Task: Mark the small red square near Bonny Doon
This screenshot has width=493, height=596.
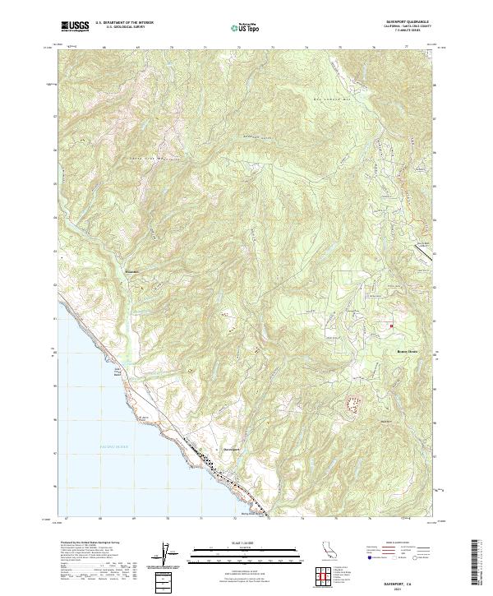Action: click(391, 326)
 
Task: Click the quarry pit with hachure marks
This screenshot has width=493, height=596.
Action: click(356, 404)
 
